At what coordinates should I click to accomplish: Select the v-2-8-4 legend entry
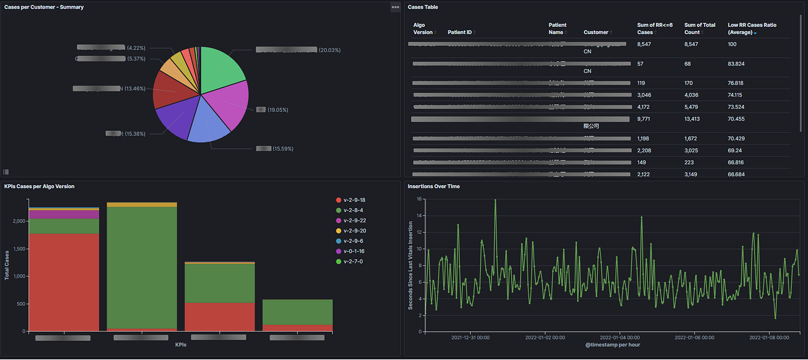tap(353, 210)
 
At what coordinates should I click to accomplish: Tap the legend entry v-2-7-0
tap(353, 261)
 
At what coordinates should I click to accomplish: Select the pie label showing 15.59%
tap(283, 148)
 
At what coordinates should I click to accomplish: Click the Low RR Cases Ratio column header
tap(752, 29)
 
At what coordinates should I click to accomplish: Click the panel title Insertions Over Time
tap(433, 186)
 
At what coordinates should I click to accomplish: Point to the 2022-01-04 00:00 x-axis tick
tap(619, 337)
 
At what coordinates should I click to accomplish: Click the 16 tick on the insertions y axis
tap(419, 199)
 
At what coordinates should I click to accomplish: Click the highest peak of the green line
tap(495, 200)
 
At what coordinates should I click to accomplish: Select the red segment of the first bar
tap(64, 282)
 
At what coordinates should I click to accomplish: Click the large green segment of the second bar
tap(142, 267)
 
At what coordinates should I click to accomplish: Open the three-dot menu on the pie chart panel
tap(395, 7)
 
